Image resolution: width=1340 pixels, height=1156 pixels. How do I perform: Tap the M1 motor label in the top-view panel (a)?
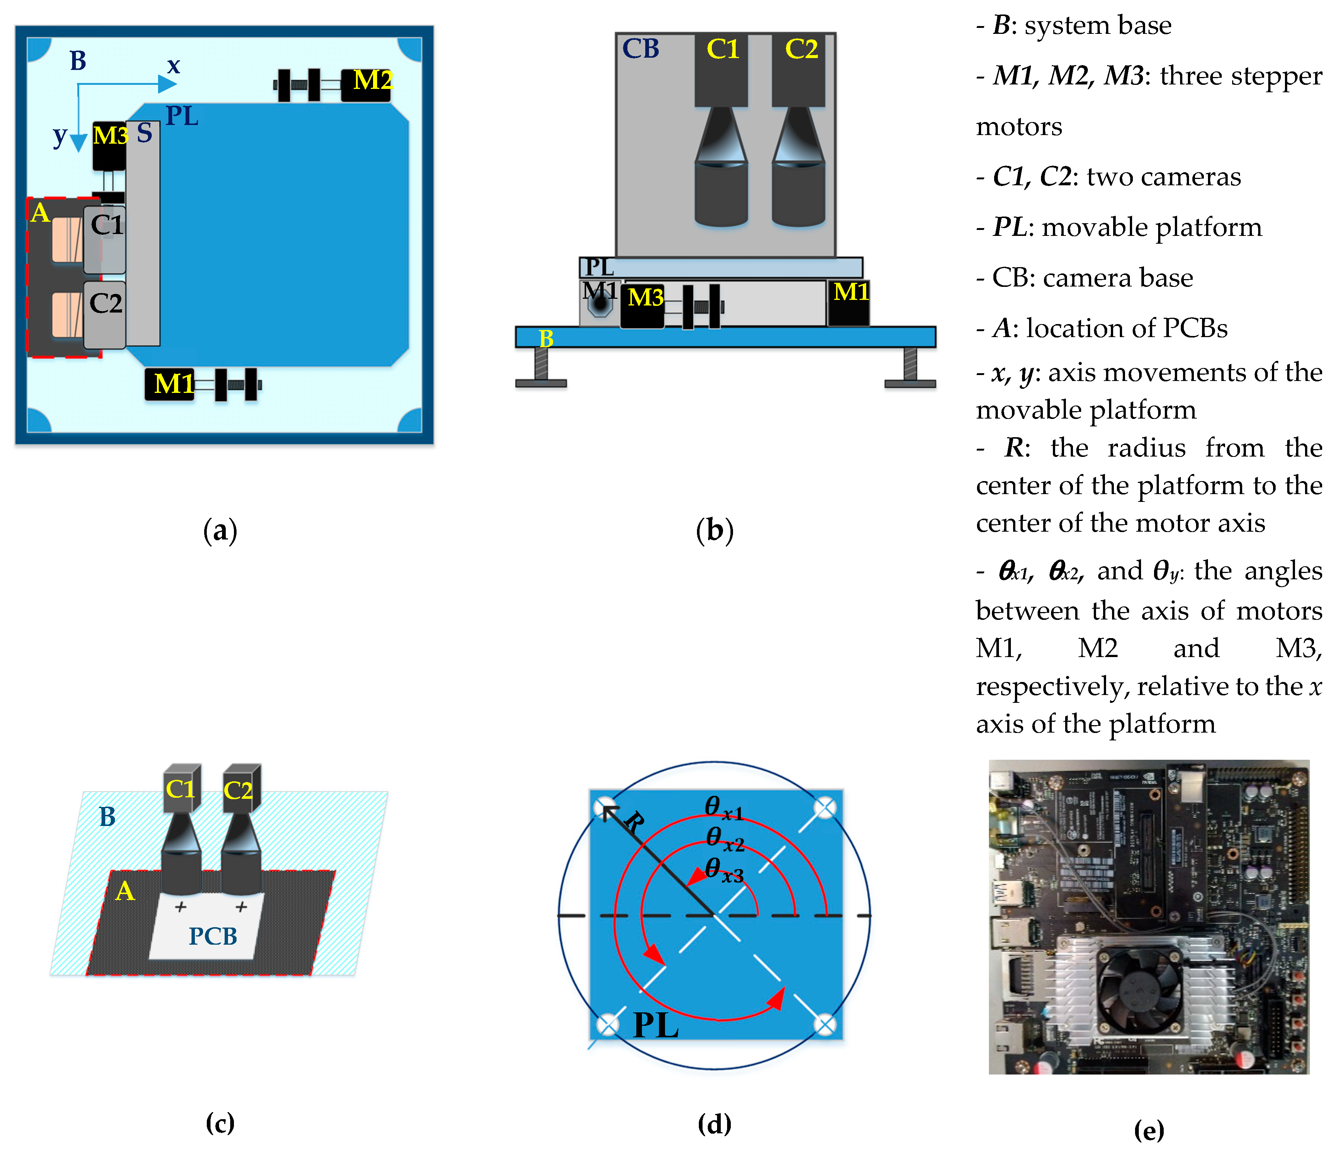pos(173,384)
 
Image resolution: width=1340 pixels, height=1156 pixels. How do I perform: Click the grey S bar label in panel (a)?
pos(144,133)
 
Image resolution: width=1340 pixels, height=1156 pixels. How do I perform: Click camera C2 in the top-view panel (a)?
pos(105,304)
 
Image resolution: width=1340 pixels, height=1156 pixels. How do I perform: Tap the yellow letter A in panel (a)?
pos(40,213)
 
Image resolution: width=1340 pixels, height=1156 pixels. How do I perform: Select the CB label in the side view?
pos(640,49)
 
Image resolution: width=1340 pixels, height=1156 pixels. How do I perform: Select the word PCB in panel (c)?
pos(213,937)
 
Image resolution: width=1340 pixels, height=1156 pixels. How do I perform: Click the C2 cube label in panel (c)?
pos(238,791)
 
